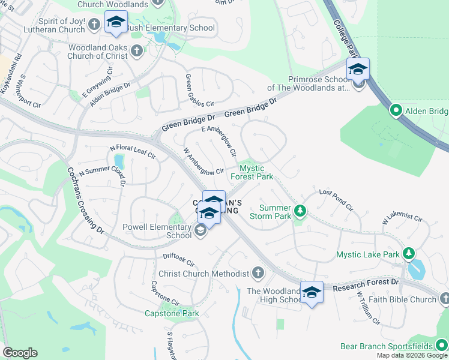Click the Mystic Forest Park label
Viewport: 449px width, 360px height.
pyautogui.click(x=252, y=172)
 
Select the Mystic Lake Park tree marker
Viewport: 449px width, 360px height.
pyautogui.click(x=409, y=254)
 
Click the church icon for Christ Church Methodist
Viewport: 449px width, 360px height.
pyautogui.click(x=258, y=274)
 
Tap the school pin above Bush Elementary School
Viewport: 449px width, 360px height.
pyautogui.click(x=115, y=23)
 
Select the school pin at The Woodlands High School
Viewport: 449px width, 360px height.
pyautogui.click(x=311, y=292)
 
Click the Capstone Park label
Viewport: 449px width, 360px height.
pyautogui.click(x=172, y=313)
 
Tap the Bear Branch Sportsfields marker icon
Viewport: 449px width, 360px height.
pyautogui.click(x=441, y=346)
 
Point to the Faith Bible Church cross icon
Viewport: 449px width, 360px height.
pyautogui.click(x=444, y=299)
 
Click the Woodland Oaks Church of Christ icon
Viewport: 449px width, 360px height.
pyautogui.click(x=137, y=51)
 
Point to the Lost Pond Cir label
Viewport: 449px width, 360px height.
pyautogui.click(x=336, y=200)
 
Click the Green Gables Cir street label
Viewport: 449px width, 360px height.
pyautogui.click(x=199, y=91)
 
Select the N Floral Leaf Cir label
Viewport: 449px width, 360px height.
pyautogui.click(x=132, y=152)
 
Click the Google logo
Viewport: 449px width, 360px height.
pyautogui.click(x=20, y=353)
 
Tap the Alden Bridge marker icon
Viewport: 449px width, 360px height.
pyautogui.click(x=396, y=111)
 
